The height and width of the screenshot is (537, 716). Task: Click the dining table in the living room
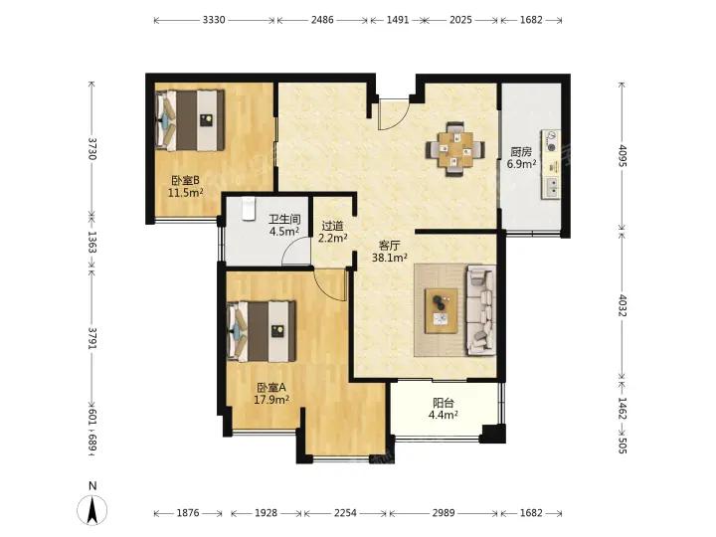click(454, 149)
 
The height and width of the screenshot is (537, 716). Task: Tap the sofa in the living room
click(481, 310)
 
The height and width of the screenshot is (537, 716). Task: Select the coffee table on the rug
click(442, 310)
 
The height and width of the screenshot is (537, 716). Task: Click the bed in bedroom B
click(190, 120)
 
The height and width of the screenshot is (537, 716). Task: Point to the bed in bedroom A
click(262, 331)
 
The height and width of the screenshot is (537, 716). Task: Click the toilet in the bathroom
click(249, 208)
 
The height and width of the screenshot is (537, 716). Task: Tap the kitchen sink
click(552, 188)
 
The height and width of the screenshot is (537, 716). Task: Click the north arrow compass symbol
click(92, 509)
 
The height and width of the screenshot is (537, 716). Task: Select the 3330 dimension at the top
click(214, 20)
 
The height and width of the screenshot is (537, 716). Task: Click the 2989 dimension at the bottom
click(443, 513)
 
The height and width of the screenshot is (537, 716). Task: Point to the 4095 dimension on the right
click(622, 155)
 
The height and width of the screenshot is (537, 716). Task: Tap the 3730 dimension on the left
click(91, 148)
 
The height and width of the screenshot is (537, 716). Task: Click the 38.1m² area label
click(390, 258)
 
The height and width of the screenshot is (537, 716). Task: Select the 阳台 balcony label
click(443, 403)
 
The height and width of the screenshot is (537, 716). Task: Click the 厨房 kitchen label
click(521, 152)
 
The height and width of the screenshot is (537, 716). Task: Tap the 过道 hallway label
click(332, 226)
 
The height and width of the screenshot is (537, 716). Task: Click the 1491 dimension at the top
click(397, 20)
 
